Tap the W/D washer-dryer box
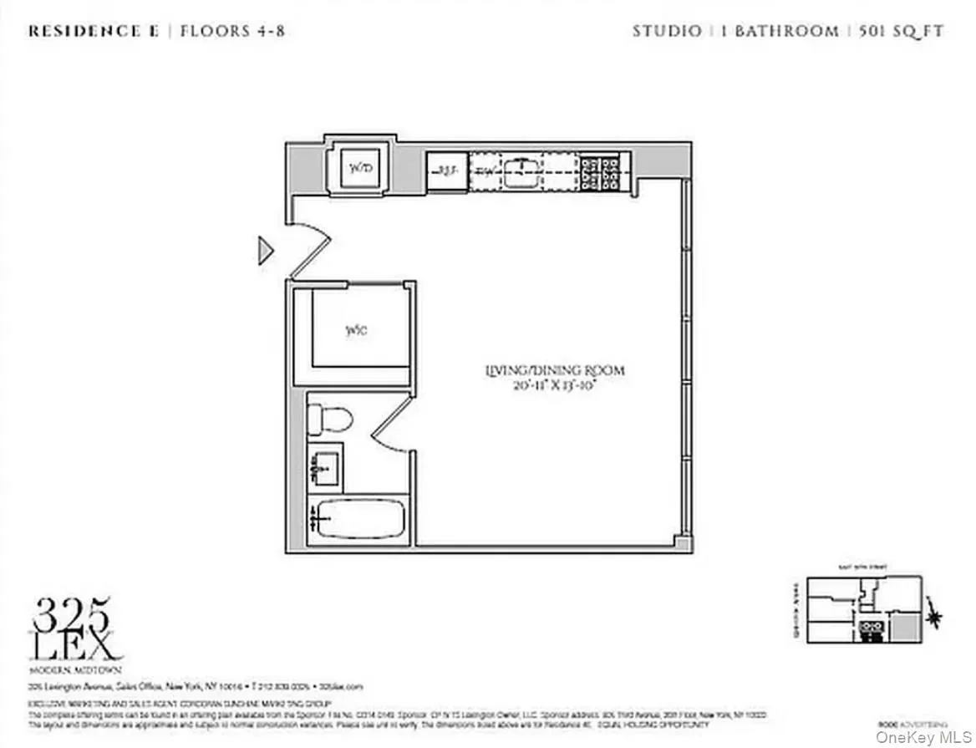359,170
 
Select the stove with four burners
599,171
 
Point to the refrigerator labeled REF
447,171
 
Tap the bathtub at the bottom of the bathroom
358,519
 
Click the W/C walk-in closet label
356,330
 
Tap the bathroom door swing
391,418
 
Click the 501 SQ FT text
904,33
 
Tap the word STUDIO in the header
667,33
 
